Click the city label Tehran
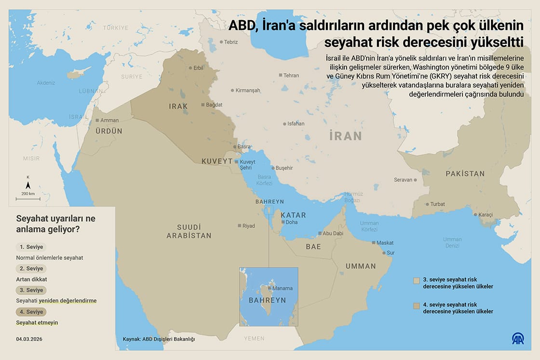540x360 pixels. click(x=291, y=75)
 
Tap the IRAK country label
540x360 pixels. click(x=178, y=106)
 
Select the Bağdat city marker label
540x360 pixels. click(x=214, y=105)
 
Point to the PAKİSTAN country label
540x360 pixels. click(x=465, y=173)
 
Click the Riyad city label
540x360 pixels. click(x=248, y=226)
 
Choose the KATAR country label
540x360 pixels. click(x=293, y=215)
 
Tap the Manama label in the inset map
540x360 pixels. click(x=282, y=288)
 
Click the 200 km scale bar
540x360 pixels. click(x=28, y=198)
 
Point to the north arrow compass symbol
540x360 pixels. click(x=28, y=185)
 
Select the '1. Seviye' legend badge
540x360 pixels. click(x=31, y=247)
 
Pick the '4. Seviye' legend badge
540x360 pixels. click(x=31, y=312)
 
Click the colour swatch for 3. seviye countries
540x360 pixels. click(x=417, y=280)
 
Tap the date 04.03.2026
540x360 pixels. click(x=29, y=339)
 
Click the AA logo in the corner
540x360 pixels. click(x=518, y=339)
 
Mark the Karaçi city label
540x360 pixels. click(x=485, y=214)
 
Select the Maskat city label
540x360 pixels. click(x=385, y=243)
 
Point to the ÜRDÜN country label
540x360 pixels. click(x=108, y=131)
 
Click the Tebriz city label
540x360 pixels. click(x=231, y=42)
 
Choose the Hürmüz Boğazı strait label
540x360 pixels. click(x=352, y=197)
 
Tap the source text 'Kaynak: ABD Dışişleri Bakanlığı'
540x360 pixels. click(x=159, y=339)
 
